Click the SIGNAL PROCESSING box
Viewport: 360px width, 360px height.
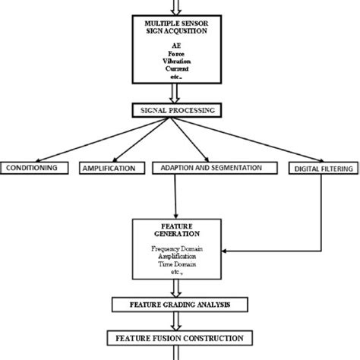click(179, 110)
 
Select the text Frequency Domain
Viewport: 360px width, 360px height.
click(179, 249)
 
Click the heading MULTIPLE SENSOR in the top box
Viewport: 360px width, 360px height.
click(180, 25)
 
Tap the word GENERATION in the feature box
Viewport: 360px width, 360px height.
click(180, 234)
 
